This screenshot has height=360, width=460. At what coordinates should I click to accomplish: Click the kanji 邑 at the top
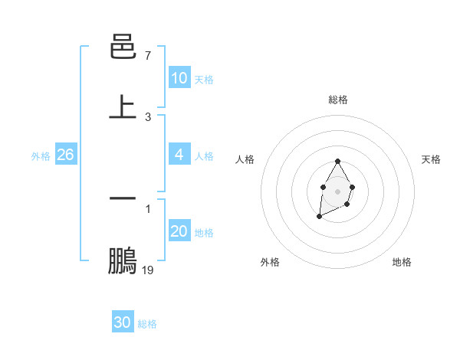coord(123,47)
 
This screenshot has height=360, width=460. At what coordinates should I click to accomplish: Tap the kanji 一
coord(123,198)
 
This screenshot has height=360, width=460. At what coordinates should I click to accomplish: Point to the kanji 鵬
coord(123,260)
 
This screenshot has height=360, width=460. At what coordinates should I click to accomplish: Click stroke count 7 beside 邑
coord(148,56)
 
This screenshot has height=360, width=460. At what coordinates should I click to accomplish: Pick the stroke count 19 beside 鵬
coord(148,270)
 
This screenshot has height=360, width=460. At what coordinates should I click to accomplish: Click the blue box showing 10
coord(179,78)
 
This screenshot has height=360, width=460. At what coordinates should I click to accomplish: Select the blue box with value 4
coord(179,155)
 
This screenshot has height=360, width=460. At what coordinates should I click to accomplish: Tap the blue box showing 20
coord(179,231)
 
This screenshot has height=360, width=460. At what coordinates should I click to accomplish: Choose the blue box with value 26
coord(65,155)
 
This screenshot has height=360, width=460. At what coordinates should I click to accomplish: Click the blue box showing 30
coord(123,322)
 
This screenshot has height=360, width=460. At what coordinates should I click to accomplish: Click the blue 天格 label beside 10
coord(204,80)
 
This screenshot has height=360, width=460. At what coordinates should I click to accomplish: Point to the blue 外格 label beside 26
coord(41,156)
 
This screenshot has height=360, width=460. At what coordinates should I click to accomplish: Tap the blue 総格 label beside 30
coord(147,324)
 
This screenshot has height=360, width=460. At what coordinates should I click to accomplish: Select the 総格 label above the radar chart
coord(338,100)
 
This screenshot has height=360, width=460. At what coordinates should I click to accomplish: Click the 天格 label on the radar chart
coord(431,159)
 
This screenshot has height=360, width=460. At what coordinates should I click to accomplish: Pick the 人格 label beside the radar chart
coord(245,159)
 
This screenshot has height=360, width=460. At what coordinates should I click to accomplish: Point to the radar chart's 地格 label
coord(402,262)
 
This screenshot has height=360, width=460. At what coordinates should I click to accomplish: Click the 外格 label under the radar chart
coord(270,262)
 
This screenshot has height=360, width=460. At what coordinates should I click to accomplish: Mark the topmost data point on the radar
coord(337,162)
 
